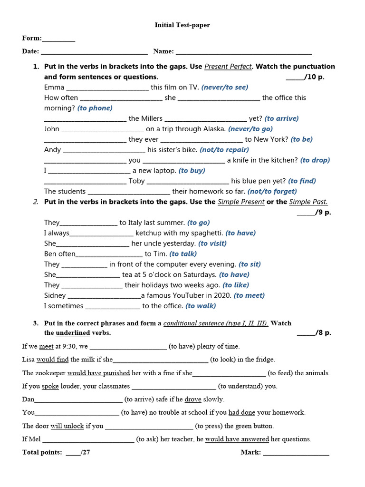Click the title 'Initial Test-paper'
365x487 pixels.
[x=182, y=25]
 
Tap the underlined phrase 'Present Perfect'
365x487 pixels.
[x=228, y=67]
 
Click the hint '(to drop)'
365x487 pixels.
[x=315, y=160]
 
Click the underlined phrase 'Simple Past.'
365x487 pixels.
[x=308, y=202]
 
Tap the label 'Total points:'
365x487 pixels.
[x=42, y=452]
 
